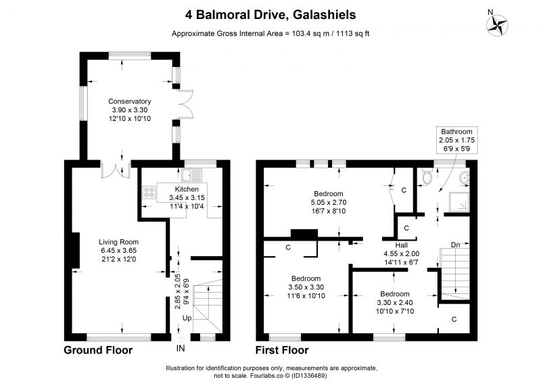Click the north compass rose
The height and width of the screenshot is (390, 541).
tap(497, 26)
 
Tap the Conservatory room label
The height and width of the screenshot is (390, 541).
tap(130, 101)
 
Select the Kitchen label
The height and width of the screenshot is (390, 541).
tap(187, 189)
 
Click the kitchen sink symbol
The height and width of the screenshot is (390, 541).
tap(192, 175)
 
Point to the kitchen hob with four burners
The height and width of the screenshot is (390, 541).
tap(149, 193)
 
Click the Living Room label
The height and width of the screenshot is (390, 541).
tap(119, 242)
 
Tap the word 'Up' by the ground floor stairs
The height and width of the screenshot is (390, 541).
tap(187, 318)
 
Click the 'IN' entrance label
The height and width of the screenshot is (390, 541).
tap(181, 349)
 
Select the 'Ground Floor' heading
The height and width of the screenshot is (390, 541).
tap(98, 350)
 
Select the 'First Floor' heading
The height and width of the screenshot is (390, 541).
tap(282, 350)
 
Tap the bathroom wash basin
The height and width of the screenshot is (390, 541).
tap(465, 178)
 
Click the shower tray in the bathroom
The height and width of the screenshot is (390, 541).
tap(459, 201)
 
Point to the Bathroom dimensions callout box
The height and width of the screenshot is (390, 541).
tap(457, 140)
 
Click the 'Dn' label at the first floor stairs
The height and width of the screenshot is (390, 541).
tap(455, 245)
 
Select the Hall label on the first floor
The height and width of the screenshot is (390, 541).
tap(402, 245)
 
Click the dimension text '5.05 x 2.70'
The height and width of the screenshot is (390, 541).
tap(329, 202)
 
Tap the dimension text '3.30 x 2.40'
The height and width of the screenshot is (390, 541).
tap(395, 303)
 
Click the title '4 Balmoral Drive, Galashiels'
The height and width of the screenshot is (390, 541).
tap(270, 15)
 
